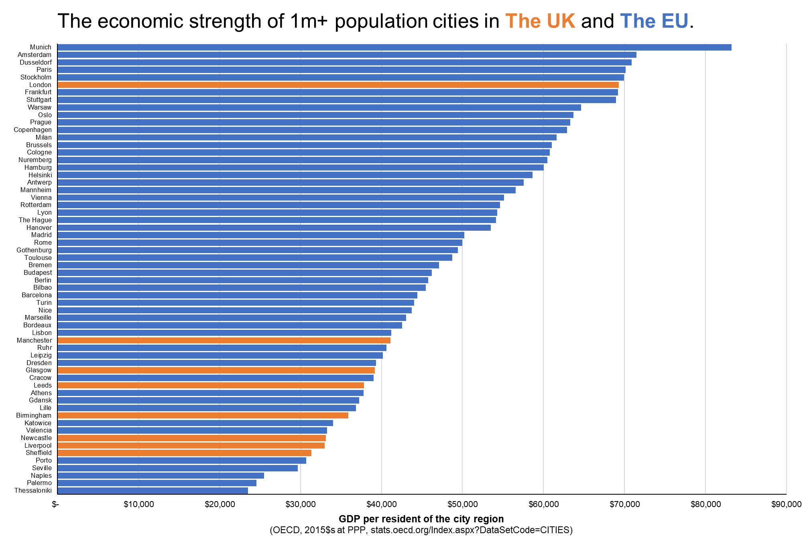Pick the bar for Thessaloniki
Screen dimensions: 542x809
pos(152,491)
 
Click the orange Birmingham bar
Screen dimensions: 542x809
pos(203,416)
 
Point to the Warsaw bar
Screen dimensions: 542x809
pos(319,108)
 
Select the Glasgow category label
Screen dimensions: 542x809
pos(39,370)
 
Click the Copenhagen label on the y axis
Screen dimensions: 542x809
pos(33,130)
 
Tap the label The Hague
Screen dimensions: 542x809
pos(35,220)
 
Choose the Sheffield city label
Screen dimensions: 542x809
pos(39,453)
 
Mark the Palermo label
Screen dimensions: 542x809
pos(39,483)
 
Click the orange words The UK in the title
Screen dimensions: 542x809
pos(540,21)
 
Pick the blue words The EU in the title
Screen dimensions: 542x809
pos(654,21)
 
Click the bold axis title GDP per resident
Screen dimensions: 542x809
pos(421,519)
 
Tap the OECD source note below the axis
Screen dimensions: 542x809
pos(421,530)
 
